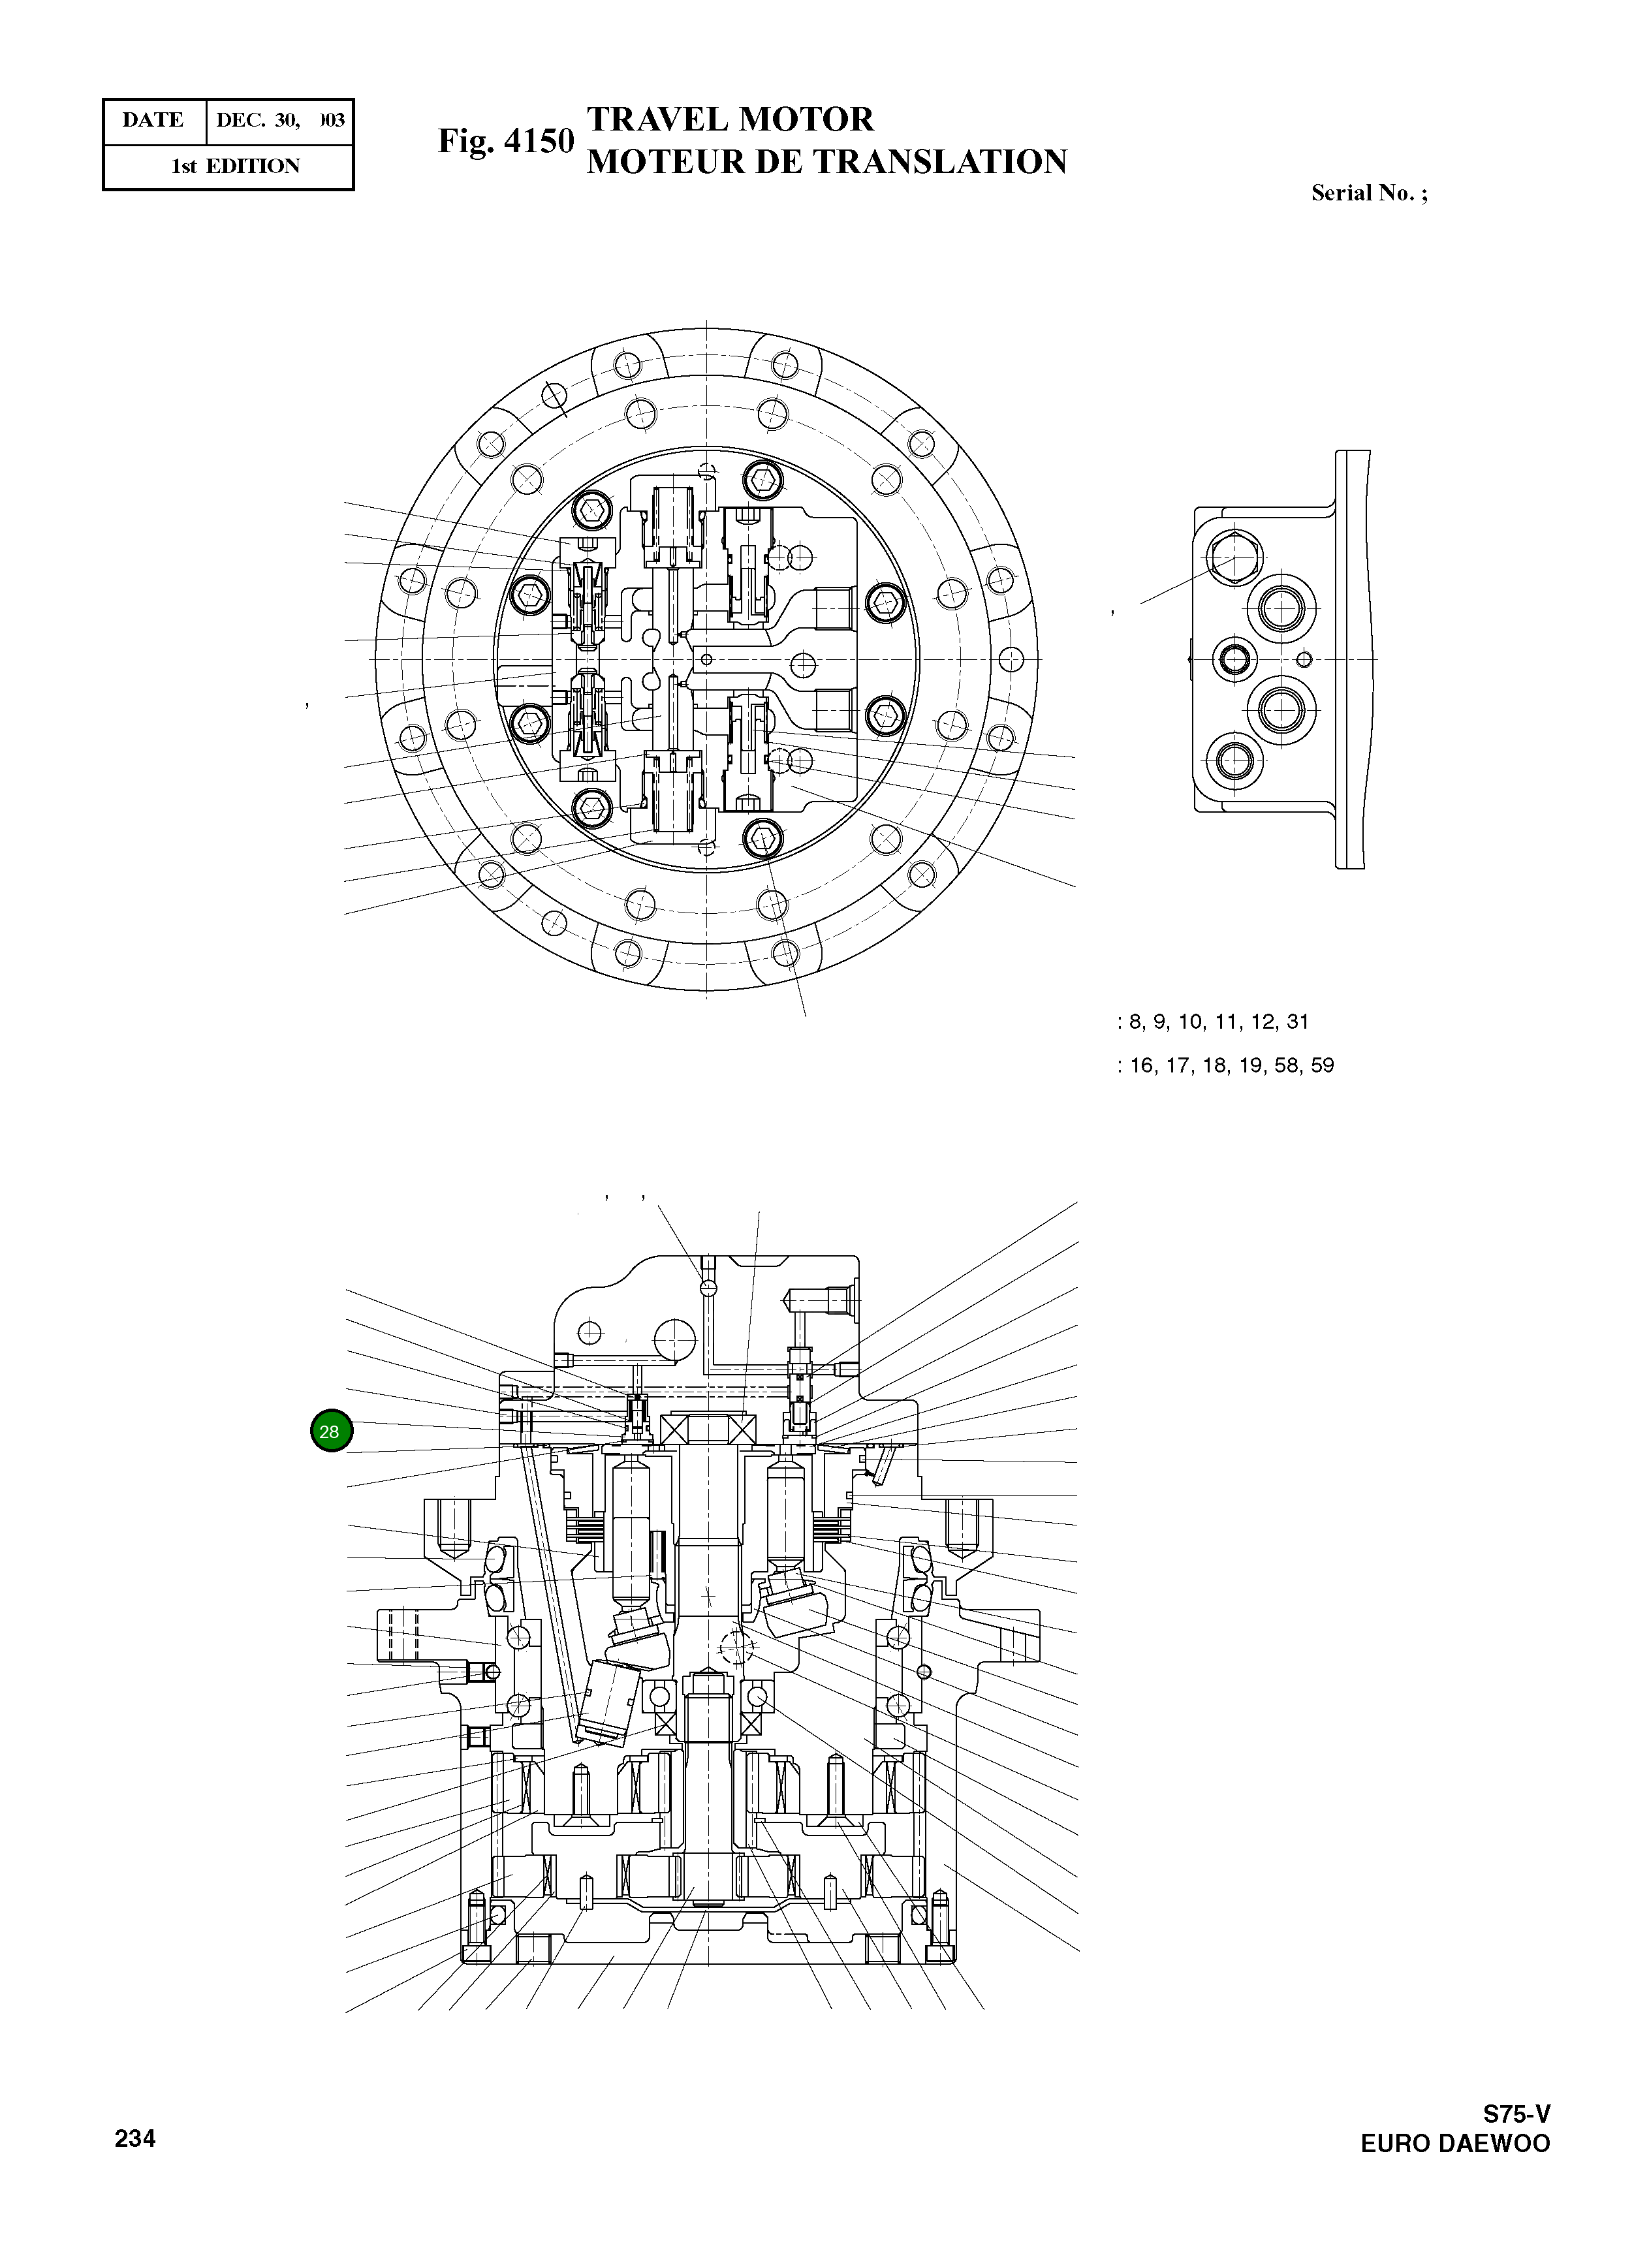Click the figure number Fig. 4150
pyautogui.click(x=506, y=141)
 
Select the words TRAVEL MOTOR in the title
pyautogui.click(x=730, y=119)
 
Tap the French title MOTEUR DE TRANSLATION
pyautogui.click(x=826, y=162)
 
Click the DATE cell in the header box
pyautogui.click(x=153, y=121)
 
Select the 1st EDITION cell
pyautogui.click(x=236, y=166)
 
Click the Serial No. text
pyautogui.click(x=1368, y=194)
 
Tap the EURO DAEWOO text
pyautogui.click(x=1454, y=2144)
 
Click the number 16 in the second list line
pyautogui.click(x=1141, y=1066)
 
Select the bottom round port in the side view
pyautogui.click(x=1234, y=761)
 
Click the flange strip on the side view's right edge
pyautogui.click(x=1353, y=659)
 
